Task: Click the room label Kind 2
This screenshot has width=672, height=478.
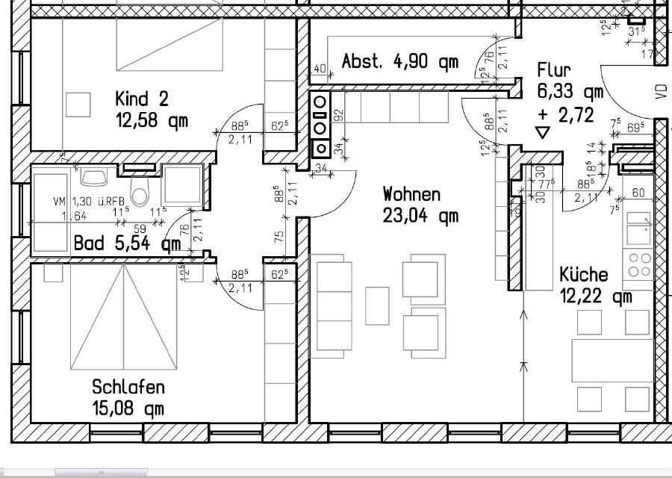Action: point(142,99)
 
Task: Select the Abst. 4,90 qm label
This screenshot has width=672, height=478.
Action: point(399,61)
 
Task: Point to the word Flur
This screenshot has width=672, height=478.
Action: point(554,70)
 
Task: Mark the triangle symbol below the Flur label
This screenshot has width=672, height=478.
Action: point(542,133)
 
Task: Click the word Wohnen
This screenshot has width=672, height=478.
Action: point(411,195)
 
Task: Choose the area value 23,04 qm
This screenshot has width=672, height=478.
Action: point(420,217)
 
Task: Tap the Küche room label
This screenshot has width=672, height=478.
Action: point(583,275)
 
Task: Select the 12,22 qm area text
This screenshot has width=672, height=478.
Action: point(596,297)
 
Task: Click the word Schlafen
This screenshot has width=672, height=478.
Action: point(128,388)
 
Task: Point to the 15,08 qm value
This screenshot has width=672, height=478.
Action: point(128,409)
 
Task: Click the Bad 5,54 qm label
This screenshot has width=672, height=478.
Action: point(127,243)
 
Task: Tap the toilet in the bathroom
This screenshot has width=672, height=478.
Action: point(140,191)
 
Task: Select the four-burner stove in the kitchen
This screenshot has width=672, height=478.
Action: point(638,264)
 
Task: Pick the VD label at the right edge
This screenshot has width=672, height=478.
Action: point(660,91)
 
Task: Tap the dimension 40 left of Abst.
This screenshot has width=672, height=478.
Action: point(320,69)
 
